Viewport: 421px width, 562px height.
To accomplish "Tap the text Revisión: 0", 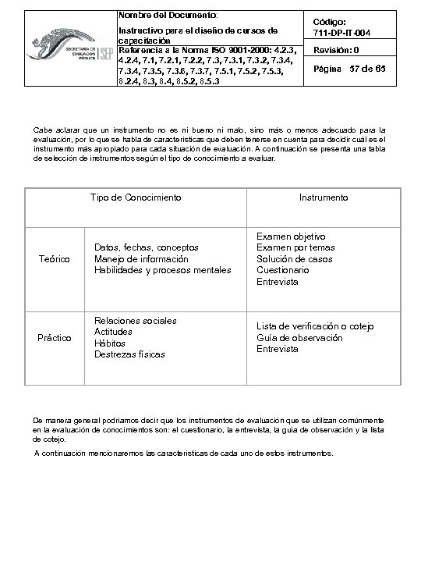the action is (337, 51).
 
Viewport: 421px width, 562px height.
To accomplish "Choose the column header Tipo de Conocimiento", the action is (136, 197).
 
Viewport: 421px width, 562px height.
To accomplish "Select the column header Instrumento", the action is (324, 197).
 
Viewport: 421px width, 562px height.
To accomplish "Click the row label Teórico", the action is (55, 259).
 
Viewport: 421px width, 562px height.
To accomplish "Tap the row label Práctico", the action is (55, 338).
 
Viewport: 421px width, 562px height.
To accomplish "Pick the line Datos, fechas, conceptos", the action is (146, 247).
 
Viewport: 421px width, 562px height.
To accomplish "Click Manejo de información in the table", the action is (141, 259).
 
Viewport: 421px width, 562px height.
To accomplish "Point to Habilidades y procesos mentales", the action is (162, 271).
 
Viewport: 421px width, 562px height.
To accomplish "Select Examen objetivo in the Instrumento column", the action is (291, 236).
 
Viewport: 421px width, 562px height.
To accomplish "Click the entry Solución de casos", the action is (294, 259).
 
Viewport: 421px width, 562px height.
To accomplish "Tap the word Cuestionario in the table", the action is (282, 270).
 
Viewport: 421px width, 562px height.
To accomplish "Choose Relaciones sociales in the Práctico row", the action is (135, 321).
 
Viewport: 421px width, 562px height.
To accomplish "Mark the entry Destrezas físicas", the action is (129, 354).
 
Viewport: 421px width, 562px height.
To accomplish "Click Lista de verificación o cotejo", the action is (316, 326).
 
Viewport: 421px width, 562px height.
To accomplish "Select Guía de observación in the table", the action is (299, 338).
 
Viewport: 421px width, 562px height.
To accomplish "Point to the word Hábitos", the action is (109, 343).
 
